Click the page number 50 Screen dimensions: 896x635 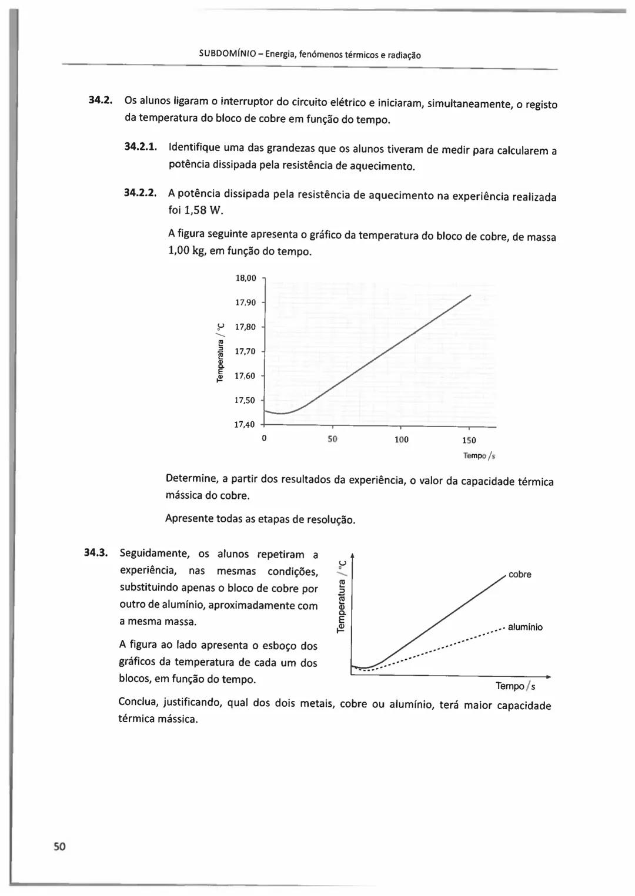(59, 847)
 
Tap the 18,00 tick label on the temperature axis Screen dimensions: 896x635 (245, 278)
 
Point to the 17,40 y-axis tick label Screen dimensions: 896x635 (245, 424)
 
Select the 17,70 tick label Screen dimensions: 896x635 (245, 351)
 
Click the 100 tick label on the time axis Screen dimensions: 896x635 (401, 439)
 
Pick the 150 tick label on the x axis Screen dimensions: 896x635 (469, 440)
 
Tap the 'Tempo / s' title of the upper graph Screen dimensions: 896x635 (479, 455)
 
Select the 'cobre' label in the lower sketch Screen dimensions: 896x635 (520, 575)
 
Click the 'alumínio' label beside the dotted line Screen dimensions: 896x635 (525, 627)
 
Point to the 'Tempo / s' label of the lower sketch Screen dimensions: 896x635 (515, 686)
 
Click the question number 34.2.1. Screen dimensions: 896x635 (141, 146)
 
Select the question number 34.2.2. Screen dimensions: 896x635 (141, 192)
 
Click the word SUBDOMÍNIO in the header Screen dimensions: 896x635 (227, 55)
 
